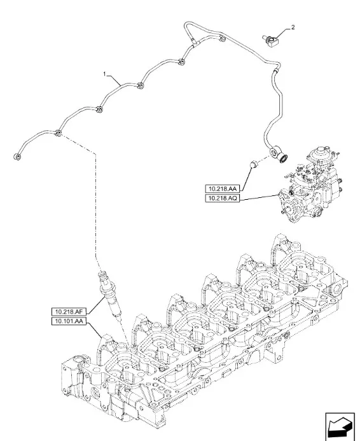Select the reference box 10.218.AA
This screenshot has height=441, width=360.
222,189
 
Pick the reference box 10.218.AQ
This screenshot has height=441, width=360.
222,199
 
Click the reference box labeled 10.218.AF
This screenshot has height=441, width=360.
69,311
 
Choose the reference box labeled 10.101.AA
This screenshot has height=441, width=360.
69,321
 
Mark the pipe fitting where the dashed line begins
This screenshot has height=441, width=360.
59,134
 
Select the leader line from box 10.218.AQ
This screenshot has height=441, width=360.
261,198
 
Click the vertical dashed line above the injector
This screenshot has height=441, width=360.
97,210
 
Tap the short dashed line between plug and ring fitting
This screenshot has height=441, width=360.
265,160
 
